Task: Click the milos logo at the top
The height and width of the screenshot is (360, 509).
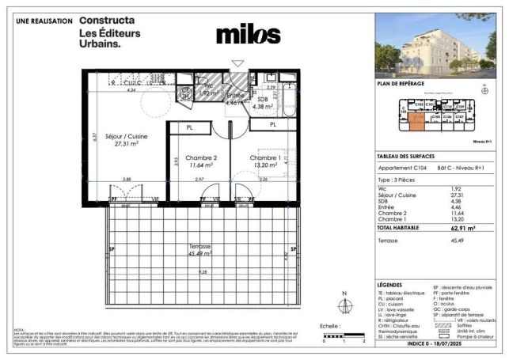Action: pos(248,36)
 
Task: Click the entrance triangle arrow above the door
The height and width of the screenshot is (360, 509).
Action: pos(237,63)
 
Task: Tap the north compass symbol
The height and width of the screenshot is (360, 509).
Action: pos(344,309)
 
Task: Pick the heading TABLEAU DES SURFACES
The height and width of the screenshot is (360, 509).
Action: pos(408,156)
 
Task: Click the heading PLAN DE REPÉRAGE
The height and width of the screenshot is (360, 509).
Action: pos(402,84)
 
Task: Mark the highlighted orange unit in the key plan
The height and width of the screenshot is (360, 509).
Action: pos(418,119)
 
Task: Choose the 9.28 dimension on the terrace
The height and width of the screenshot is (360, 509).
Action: pos(204,271)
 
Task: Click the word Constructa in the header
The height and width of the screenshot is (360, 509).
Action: pos(107,20)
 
